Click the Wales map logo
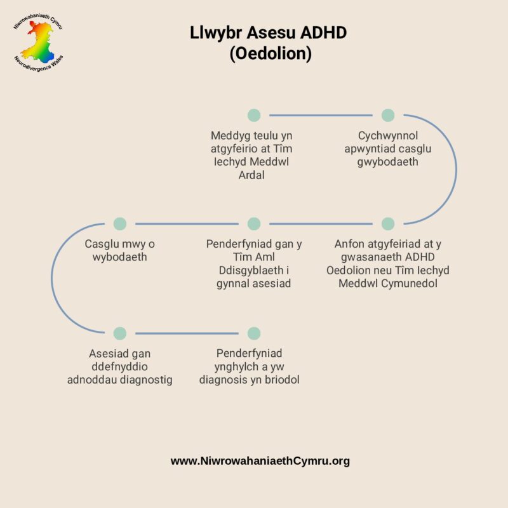tap(40, 43)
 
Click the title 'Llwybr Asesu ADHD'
tap(268, 33)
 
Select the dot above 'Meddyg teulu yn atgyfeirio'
tap(254, 115)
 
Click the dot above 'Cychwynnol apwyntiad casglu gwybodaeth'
tap(388, 115)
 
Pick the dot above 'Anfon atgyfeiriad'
tap(388, 224)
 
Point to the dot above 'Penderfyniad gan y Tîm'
tap(254, 224)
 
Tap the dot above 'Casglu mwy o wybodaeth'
tap(120, 224)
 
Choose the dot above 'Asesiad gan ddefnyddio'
tap(120, 333)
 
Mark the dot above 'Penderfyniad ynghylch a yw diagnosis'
tap(254, 333)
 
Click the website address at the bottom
tap(260, 461)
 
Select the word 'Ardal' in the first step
tap(251, 175)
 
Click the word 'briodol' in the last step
tap(281, 380)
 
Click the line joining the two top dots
tap(321, 116)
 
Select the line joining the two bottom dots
tap(187, 333)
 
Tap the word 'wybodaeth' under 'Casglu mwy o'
tap(120, 257)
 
